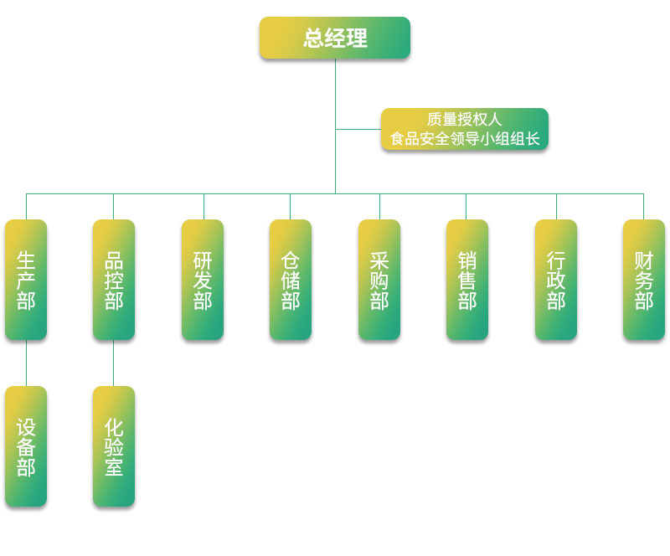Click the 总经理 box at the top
click(335, 38)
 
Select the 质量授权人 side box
click(465, 129)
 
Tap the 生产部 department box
click(26, 280)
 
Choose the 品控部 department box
click(114, 280)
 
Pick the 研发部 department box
click(203, 280)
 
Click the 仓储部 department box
click(291, 280)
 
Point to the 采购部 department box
click(379, 280)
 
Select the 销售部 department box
click(467, 280)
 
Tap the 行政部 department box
click(556, 280)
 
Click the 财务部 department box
click(644, 280)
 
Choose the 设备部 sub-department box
click(26, 446)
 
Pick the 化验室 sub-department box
click(114, 446)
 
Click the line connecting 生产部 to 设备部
click(26, 363)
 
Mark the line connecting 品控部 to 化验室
click(114, 363)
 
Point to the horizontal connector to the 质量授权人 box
click(358, 129)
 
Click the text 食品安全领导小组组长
click(465, 139)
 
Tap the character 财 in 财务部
click(644, 260)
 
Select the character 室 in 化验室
click(114, 467)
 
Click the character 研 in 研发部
click(203, 260)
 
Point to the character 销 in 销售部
click(467, 260)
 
